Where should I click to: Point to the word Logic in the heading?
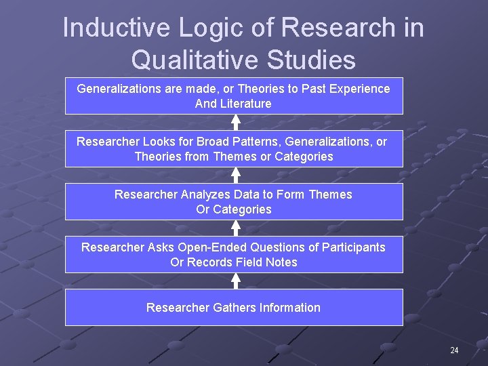196,28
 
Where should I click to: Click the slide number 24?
454,350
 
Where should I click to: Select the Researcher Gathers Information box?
234,308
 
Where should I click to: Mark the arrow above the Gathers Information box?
235,281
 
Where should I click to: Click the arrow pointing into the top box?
235,122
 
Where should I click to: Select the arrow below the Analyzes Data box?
235,228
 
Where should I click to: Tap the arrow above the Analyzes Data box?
235,175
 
